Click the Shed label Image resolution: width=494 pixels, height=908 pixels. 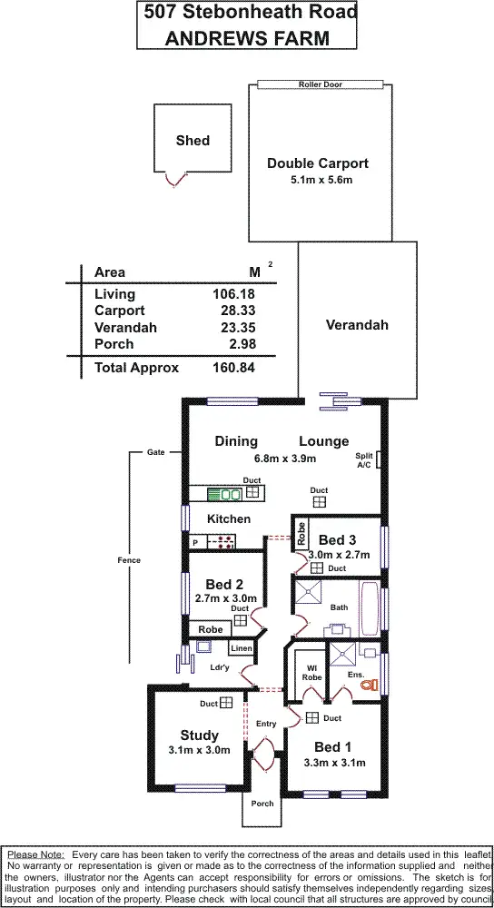(193, 140)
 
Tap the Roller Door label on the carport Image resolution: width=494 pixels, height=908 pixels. (320, 84)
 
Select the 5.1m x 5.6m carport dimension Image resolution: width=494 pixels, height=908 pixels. (318, 181)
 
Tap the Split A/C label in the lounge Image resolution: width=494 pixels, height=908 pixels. (364, 460)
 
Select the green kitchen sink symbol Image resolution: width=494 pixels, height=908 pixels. (224, 494)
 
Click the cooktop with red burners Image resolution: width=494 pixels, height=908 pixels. (222, 542)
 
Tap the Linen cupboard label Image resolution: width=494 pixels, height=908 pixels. (241, 648)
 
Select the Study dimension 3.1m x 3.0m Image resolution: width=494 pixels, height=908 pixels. (199, 750)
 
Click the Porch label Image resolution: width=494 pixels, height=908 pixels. (262, 803)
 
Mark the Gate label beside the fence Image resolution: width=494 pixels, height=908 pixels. (156, 451)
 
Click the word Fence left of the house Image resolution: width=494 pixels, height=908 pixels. (130, 560)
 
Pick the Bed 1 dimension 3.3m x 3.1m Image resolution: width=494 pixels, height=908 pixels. (334, 763)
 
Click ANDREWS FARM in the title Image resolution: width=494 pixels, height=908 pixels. (246, 37)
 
